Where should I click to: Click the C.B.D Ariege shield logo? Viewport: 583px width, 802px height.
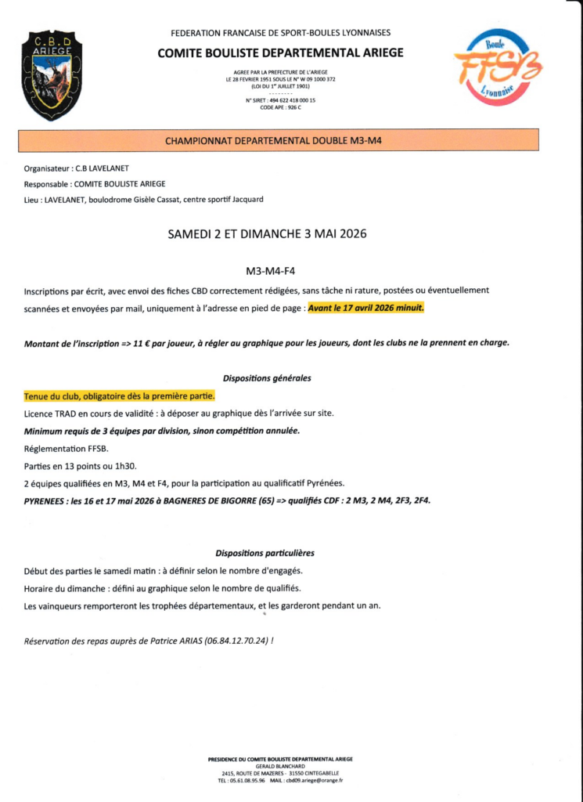[52, 75]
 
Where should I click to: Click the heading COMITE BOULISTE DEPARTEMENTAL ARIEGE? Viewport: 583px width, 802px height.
[281, 52]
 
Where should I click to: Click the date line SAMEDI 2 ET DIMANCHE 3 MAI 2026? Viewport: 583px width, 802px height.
[268, 233]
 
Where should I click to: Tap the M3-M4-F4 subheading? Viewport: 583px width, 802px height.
[270, 271]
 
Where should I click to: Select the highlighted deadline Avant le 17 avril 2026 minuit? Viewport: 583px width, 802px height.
[365, 309]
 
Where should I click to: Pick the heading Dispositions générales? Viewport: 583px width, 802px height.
[267, 378]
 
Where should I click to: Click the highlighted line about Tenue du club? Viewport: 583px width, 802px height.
[113, 396]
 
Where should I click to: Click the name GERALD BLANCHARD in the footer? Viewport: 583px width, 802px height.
[280, 766]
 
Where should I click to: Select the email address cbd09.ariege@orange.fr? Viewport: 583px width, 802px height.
[315, 780]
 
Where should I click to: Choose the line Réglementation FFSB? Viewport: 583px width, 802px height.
[67, 448]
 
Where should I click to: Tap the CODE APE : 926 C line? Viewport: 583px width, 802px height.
[280, 107]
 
